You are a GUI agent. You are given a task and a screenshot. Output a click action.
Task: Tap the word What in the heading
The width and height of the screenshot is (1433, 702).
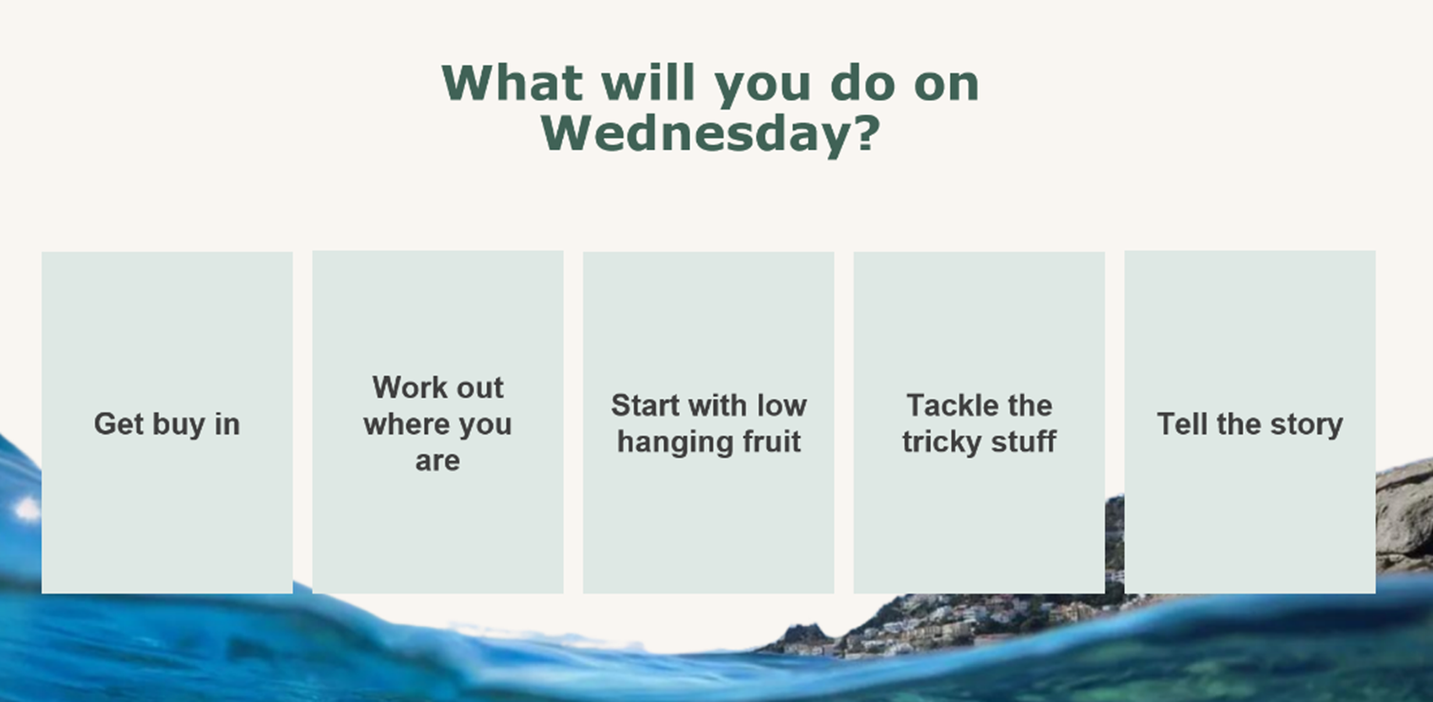point(512,84)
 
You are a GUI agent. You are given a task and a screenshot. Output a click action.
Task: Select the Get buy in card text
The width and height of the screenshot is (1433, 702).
point(166,424)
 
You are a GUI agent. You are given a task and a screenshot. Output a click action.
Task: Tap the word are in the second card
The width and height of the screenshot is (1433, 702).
point(437,461)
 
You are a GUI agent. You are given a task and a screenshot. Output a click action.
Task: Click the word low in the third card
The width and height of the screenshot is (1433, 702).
point(782,406)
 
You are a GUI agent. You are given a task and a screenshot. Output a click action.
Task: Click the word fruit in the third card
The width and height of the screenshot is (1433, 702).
point(767,442)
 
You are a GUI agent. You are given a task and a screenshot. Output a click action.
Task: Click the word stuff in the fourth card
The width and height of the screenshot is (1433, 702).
point(1022,442)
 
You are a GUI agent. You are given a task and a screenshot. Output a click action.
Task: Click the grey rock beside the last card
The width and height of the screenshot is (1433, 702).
point(1404,514)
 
